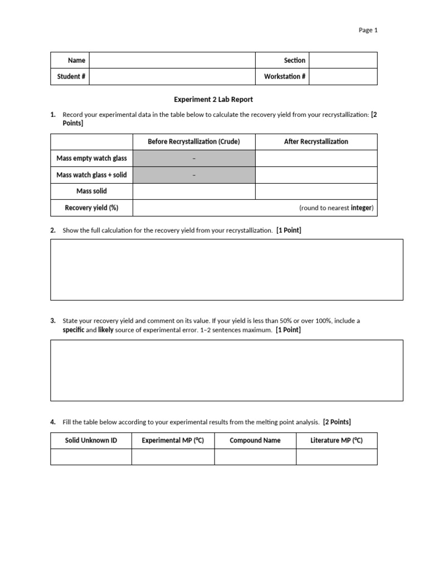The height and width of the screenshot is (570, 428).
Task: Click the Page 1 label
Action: tap(368, 31)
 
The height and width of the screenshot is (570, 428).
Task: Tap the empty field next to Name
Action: tap(172, 60)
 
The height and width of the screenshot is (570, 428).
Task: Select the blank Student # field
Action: tap(172, 76)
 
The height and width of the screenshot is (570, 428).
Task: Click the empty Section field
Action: tap(343, 60)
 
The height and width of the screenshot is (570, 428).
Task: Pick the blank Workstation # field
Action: tap(343, 76)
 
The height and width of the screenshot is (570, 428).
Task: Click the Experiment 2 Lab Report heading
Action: tap(213, 100)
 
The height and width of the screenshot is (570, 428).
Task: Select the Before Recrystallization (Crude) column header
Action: tap(193, 142)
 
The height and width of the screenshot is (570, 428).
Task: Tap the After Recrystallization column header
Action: tap(316, 142)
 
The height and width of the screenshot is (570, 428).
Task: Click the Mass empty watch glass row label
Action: tap(91, 159)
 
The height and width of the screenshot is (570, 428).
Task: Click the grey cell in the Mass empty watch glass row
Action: tap(193, 159)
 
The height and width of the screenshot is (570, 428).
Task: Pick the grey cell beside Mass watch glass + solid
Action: tap(193, 175)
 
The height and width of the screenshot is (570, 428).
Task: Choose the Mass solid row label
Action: tap(91, 191)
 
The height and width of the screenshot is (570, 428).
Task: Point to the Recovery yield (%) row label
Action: tap(91, 208)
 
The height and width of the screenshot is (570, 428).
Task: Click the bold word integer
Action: tap(361, 208)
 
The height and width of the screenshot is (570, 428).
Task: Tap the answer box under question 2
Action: tap(226, 269)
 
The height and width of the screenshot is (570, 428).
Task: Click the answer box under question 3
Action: tap(226, 370)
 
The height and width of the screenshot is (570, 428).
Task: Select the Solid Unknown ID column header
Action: tap(91, 440)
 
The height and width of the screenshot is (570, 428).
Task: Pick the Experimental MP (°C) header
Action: tap(173, 440)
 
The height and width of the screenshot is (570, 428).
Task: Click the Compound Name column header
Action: tap(255, 440)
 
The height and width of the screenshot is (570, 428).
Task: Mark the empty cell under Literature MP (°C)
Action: tap(336, 456)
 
